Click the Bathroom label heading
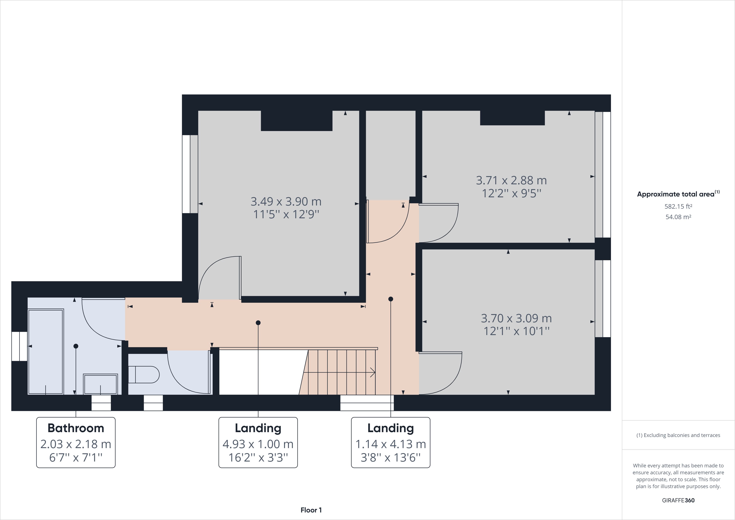(x=76, y=428)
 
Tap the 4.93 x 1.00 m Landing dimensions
(x=258, y=444)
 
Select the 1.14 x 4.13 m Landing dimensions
(x=391, y=444)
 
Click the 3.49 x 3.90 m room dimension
(x=286, y=201)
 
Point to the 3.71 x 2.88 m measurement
(x=511, y=180)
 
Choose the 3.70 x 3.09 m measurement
(x=516, y=318)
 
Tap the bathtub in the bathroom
(x=46, y=351)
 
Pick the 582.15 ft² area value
(x=678, y=206)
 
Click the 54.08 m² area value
(x=678, y=217)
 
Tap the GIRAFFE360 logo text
(x=678, y=500)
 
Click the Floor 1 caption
(x=311, y=510)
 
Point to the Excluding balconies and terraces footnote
(x=678, y=435)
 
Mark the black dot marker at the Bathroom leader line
(x=76, y=346)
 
